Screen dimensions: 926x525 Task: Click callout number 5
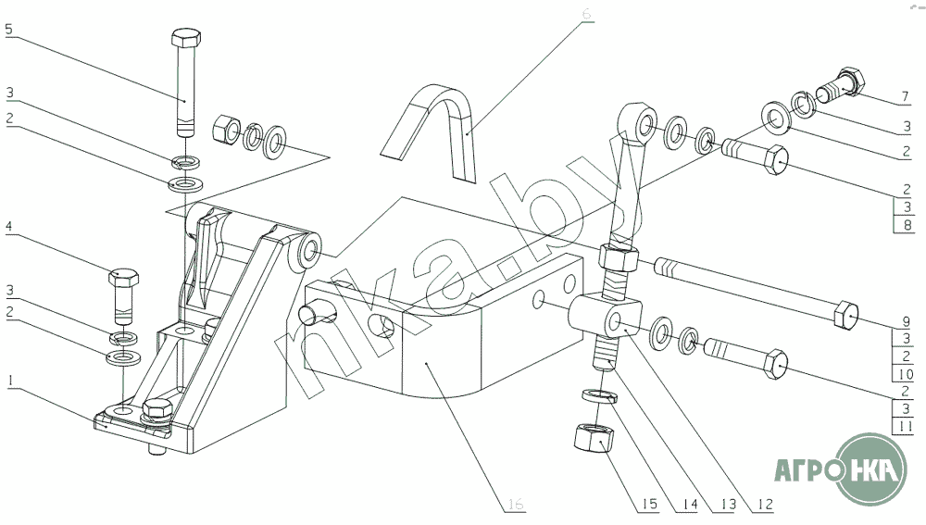[x=8, y=30]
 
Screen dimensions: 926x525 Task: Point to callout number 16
[x=516, y=504]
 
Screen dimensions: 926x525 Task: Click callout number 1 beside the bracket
[x=8, y=381]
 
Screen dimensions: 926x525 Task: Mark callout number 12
[x=765, y=505]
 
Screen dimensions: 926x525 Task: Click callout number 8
[x=907, y=224]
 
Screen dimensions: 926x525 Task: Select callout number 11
[x=907, y=426]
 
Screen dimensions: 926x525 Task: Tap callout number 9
[x=907, y=324]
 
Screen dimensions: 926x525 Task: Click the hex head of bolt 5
[x=182, y=40]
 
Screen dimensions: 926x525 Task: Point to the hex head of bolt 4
[x=124, y=276]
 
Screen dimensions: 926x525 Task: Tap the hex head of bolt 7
[x=849, y=81]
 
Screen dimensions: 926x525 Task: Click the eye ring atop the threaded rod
[x=632, y=121]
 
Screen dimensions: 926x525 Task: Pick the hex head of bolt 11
[x=776, y=364]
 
